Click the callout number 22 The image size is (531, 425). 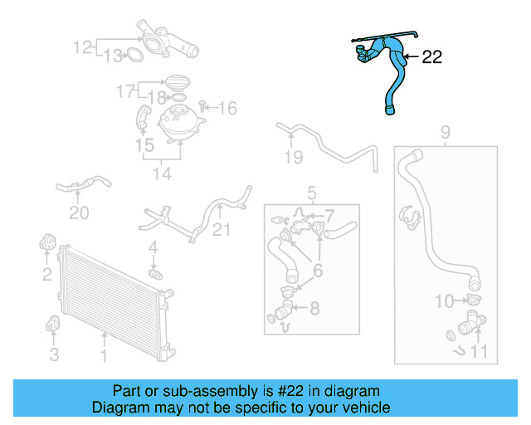tap(432, 57)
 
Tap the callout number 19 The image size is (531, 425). tap(293, 157)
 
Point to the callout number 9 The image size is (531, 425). tap(445, 131)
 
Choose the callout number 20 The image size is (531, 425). tap(79, 213)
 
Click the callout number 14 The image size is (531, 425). tap(162, 173)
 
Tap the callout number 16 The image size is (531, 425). tap(227, 108)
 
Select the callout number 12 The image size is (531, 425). tap(83, 47)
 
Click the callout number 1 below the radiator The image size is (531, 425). tap(105, 356)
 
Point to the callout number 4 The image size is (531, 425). tap(153, 247)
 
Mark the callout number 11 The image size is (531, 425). tap(480, 352)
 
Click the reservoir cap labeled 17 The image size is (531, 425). tap(177, 83)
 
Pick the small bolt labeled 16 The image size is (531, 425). tap(204, 108)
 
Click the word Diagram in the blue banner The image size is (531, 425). tap(116, 408)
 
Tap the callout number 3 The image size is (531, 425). tap(55, 355)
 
